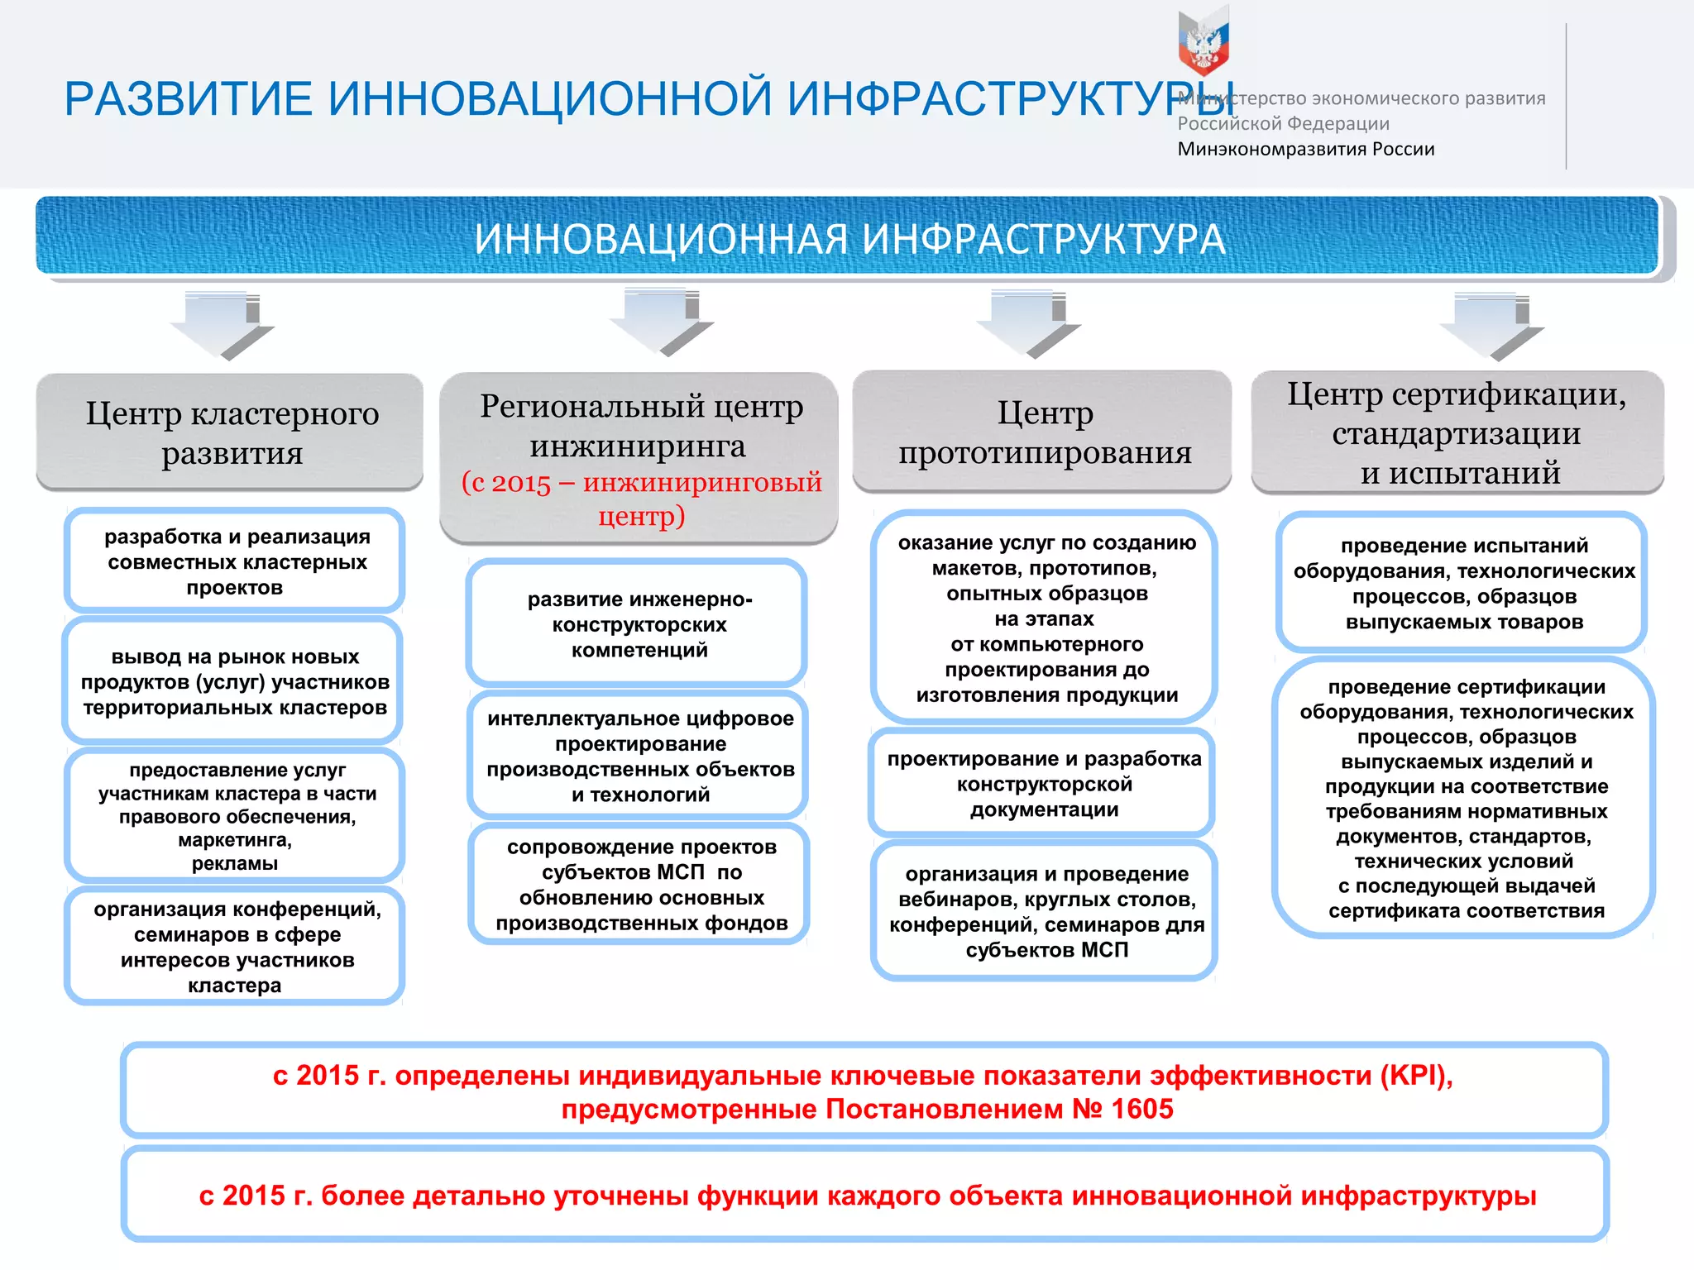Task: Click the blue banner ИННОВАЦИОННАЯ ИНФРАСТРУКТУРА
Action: coord(848,238)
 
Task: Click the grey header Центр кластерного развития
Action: coord(231,432)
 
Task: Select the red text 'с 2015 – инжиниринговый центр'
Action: coord(641,498)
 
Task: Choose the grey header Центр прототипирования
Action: coord(1043,432)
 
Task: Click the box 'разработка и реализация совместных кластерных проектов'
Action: coord(235,561)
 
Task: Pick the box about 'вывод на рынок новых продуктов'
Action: coord(234,681)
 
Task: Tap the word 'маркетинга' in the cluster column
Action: coord(234,840)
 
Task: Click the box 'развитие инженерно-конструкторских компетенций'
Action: coord(638,623)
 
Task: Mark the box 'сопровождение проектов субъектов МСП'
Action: coord(640,884)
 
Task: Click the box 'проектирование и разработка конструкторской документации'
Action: coord(1043,783)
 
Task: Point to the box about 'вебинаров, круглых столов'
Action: coord(1046,910)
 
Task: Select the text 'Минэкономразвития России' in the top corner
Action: coord(1305,149)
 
